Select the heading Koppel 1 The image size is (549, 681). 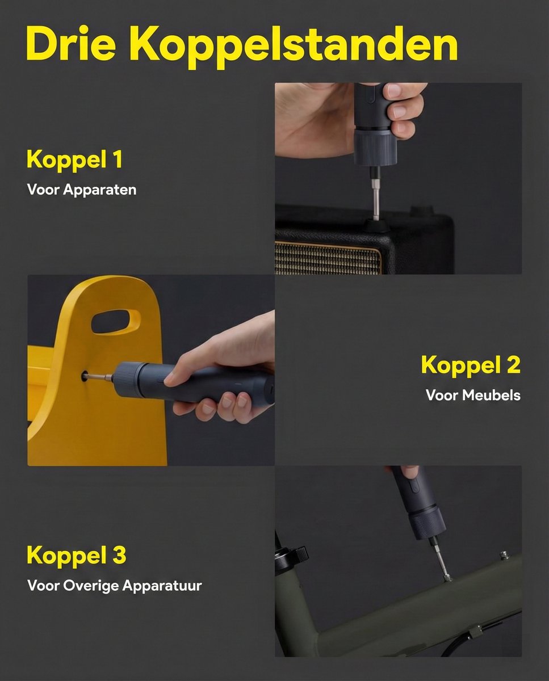(74, 159)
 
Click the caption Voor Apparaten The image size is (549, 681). (82, 190)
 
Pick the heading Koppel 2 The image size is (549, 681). (470, 365)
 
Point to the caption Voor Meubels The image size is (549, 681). (472, 395)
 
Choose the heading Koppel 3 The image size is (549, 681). (76, 555)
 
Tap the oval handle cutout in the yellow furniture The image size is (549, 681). (116, 321)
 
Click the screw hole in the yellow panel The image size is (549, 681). (85, 375)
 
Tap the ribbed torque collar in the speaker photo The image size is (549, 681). (372, 147)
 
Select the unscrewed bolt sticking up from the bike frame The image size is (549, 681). (502, 554)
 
